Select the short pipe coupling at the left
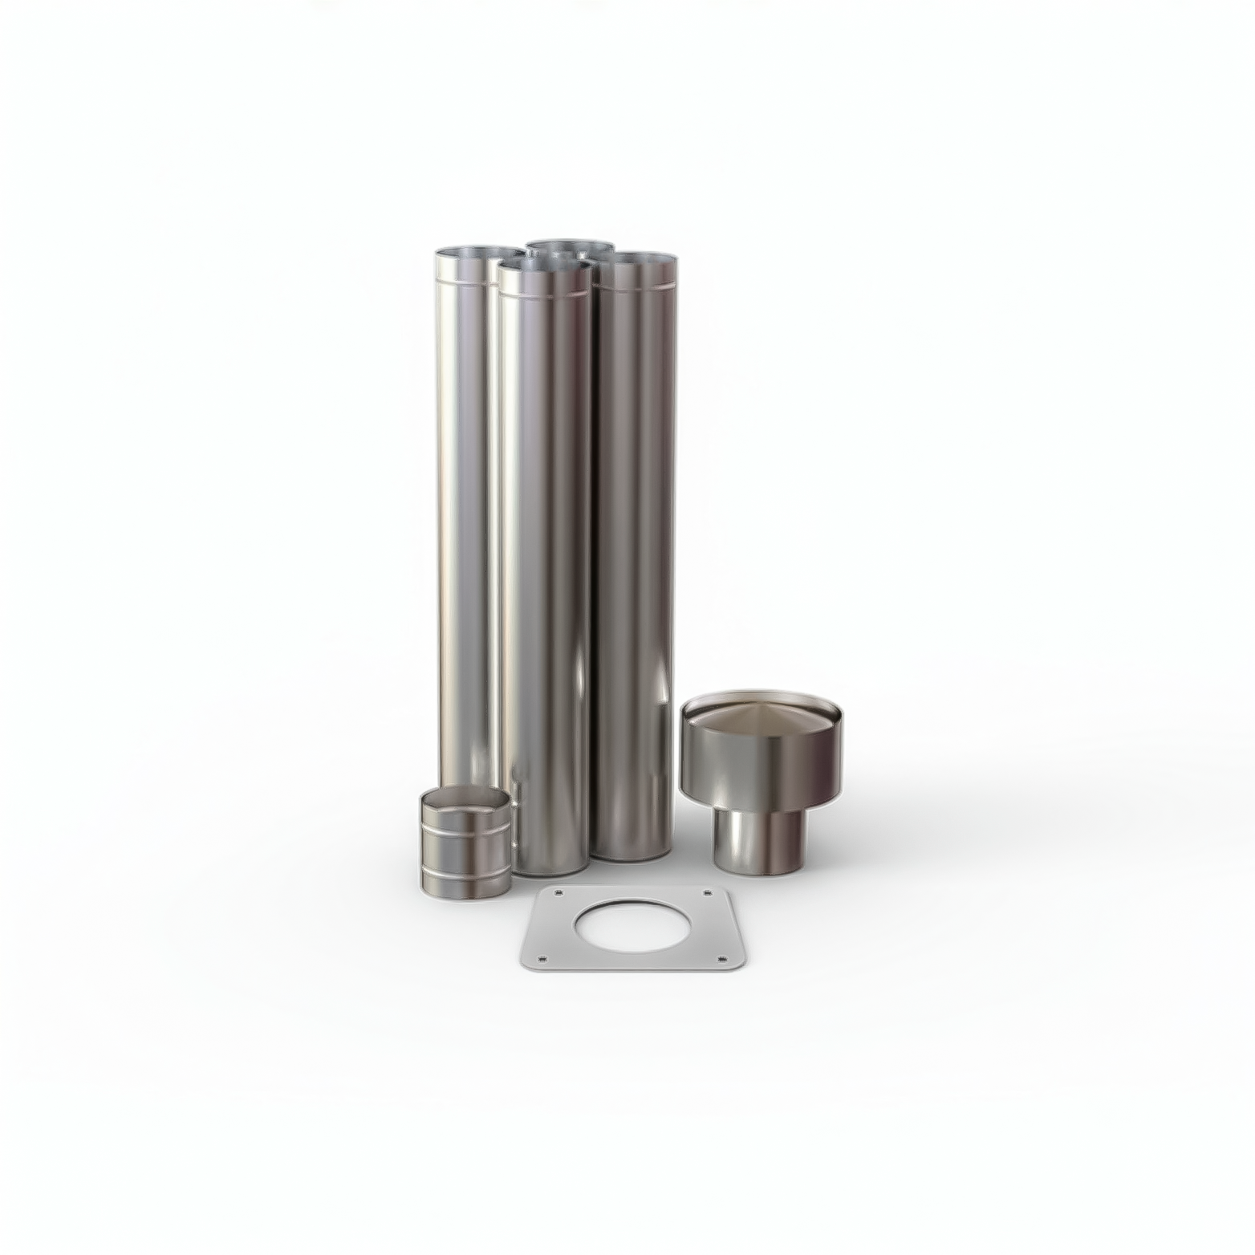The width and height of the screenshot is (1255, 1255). [x=465, y=843]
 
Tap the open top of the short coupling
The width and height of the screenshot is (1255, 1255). [x=465, y=798]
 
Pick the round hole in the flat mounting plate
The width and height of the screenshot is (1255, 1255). [x=632, y=926]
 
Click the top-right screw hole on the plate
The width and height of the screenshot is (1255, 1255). [x=707, y=892]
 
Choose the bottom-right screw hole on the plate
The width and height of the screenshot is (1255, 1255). [x=721, y=959]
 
